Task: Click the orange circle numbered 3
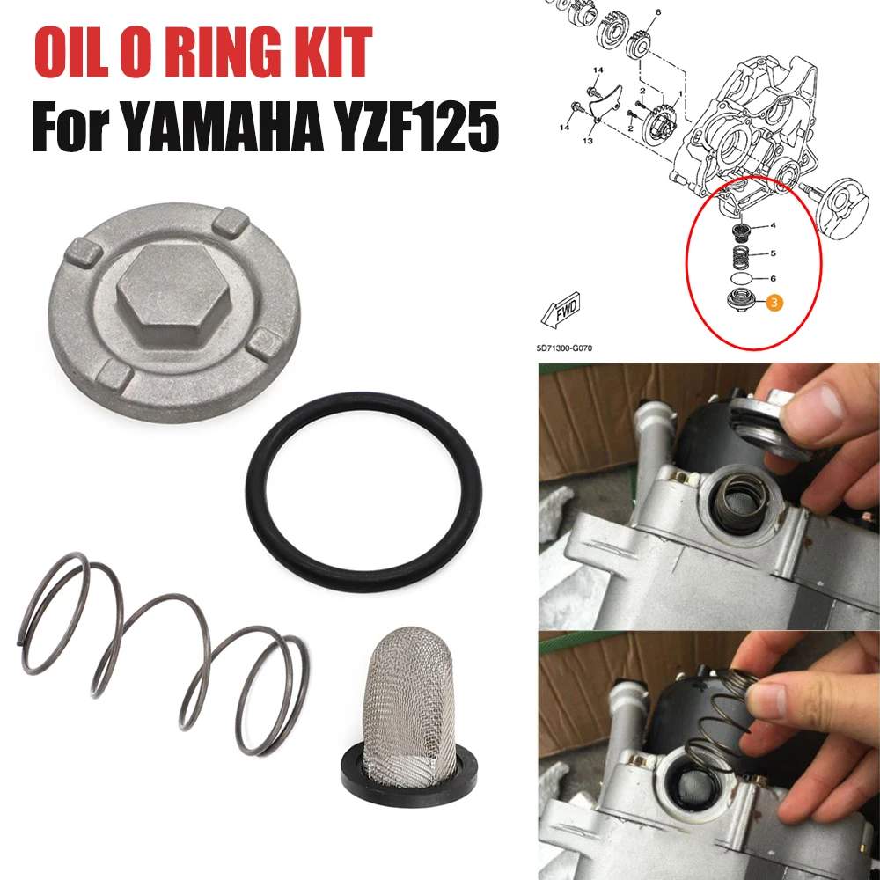pos(774,303)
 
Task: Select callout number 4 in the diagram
pos(773,225)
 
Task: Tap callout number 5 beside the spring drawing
pos(773,253)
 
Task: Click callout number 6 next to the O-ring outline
pos(773,278)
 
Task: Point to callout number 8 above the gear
pos(658,11)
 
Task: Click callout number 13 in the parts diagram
pos(588,140)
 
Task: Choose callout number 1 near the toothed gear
pos(681,94)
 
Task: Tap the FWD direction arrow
pos(561,310)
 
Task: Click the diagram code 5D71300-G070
pos(564,348)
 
